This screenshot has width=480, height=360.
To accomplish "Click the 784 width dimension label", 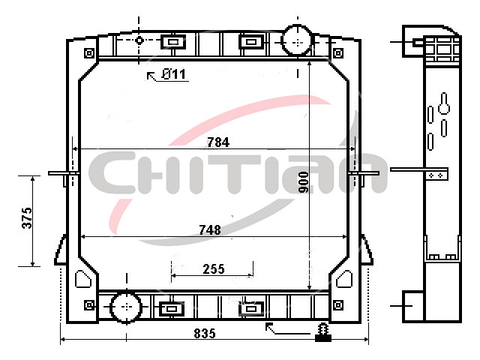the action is (x=218, y=142).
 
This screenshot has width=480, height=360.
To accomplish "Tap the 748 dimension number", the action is (x=210, y=230).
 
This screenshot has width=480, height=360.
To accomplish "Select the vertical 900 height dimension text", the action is (x=303, y=182).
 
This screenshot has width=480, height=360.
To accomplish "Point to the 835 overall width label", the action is (x=205, y=333).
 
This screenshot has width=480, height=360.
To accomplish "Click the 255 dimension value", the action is (x=214, y=269).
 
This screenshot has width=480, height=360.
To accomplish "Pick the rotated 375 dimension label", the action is (x=27, y=218).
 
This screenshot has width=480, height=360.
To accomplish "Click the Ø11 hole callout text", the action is (x=173, y=74).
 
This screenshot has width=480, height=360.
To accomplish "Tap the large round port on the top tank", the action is (x=297, y=40).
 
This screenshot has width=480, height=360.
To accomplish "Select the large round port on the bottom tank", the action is (x=126, y=307).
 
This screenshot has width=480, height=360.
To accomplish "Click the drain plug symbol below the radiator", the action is (x=323, y=333).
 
